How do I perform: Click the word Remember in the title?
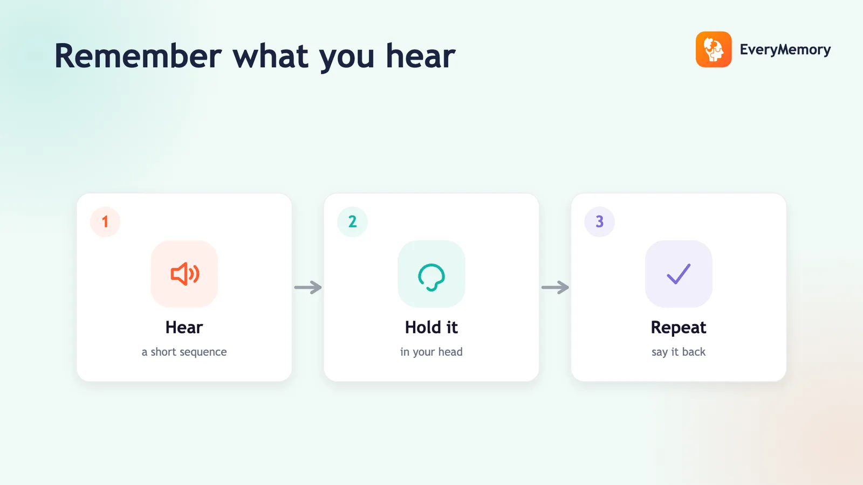[x=138, y=56]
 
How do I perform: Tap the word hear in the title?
[x=420, y=56]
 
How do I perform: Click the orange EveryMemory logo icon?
[x=714, y=49]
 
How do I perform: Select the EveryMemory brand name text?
[x=785, y=50]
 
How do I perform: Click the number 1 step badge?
[x=105, y=221]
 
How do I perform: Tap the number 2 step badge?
[x=352, y=221]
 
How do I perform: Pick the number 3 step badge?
[x=599, y=221]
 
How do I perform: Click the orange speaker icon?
[x=185, y=274]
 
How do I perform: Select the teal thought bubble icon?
[x=432, y=277]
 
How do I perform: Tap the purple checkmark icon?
[x=679, y=274]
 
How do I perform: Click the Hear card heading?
[x=184, y=328]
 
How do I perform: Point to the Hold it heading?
[x=432, y=328]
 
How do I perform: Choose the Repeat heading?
[x=679, y=328]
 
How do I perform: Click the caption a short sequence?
[x=184, y=352]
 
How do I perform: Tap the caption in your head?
[x=432, y=352]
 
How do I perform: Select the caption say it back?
[x=679, y=352]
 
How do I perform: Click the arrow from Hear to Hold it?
[x=308, y=287]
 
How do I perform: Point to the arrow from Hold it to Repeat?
[x=555, y=287]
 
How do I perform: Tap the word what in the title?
[x=270, y=56]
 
